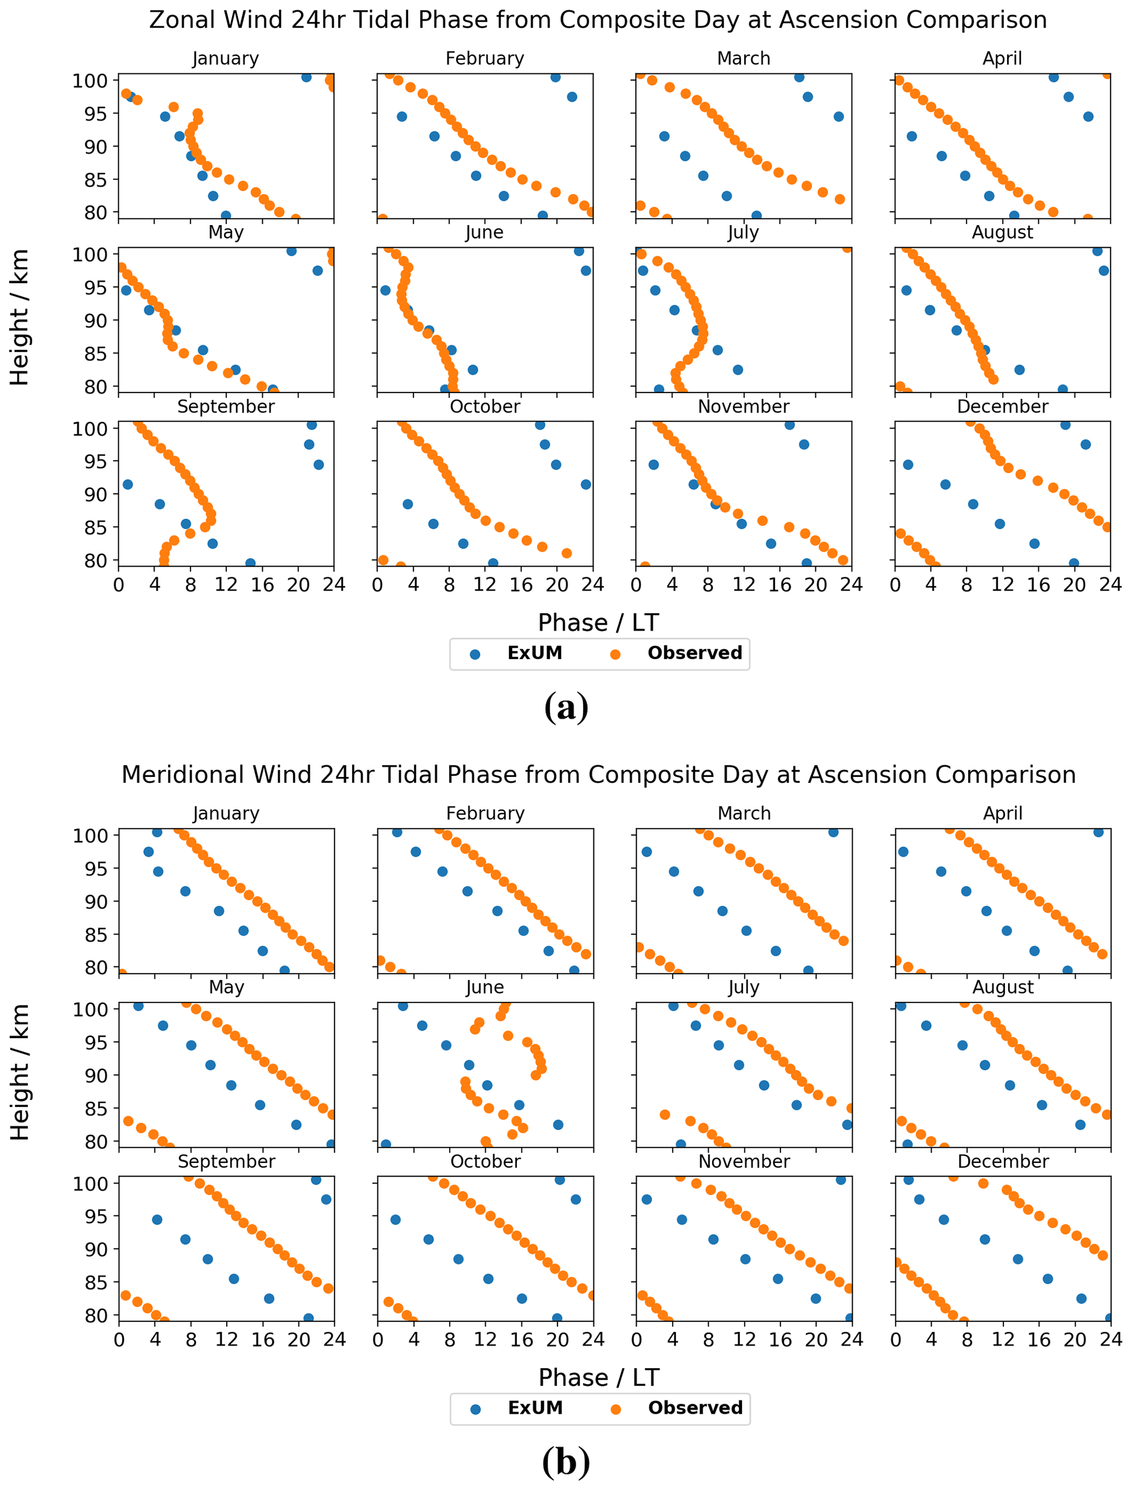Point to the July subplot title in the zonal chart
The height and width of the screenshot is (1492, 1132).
(743, 233)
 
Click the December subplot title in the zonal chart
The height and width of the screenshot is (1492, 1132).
(1002, 407)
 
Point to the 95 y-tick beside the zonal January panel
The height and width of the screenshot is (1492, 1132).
(90, 114)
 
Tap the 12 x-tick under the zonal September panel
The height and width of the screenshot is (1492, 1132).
(226, 585)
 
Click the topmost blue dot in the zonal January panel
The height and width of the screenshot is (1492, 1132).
(306, 77)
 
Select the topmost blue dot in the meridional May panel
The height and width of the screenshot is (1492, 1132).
(139, 1006)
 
